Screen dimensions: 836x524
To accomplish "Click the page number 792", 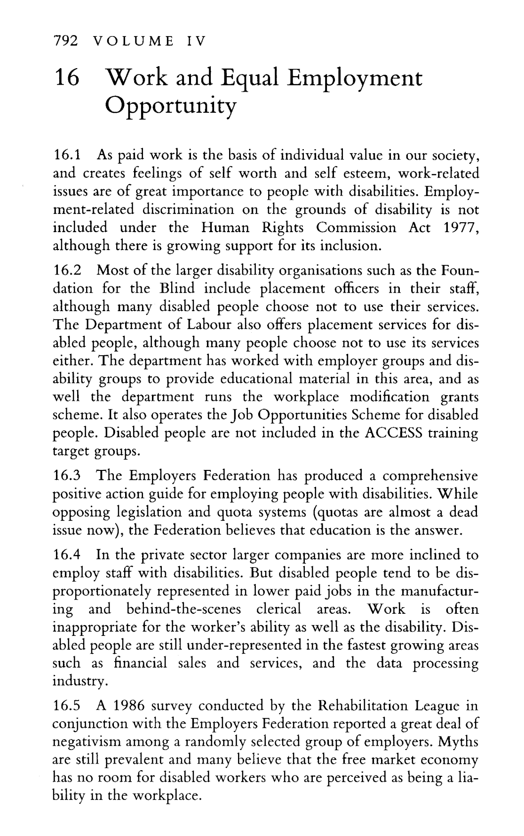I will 65,41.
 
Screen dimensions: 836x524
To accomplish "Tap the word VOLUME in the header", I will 133,41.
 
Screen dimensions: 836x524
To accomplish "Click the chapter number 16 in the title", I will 69,78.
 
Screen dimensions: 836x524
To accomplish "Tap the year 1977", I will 461,227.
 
